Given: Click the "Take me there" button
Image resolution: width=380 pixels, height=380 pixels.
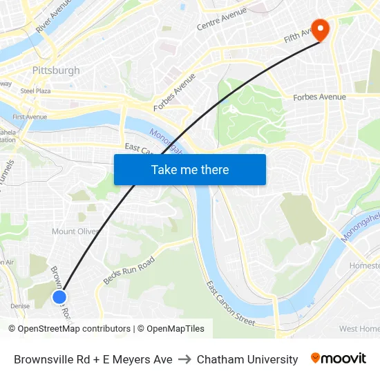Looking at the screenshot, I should coord(189,169).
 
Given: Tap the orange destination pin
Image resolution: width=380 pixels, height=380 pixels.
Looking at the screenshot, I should coord(320,28).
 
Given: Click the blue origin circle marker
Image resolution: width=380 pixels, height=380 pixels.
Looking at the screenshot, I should coord(59,297).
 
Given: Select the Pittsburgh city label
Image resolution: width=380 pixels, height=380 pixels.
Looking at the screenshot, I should coord(56,70).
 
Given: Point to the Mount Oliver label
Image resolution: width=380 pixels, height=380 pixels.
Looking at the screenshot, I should coord(76,231).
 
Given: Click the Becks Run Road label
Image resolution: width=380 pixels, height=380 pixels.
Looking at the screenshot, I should coord(129,270).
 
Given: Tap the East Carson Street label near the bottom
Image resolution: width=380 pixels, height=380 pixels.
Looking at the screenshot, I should coord(231,303).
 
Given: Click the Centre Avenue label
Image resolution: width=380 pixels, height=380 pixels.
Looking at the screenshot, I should coord(222,19).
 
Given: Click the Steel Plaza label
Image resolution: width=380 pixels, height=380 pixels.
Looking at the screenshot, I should coord(36,91).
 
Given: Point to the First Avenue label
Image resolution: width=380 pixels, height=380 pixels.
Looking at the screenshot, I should coord(30,117).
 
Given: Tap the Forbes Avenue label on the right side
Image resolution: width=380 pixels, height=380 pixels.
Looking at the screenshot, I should coord(319,97).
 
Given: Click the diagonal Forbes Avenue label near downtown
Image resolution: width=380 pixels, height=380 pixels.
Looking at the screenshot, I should coord(174,91).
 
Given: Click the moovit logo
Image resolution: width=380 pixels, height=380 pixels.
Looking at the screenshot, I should coord(338,359).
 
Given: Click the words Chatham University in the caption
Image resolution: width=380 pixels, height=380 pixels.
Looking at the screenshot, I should coord(247,359).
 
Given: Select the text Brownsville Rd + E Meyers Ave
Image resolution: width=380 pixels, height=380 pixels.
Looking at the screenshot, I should coord(93,359).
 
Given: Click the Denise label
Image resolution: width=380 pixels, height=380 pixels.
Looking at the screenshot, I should coord(20,306).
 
